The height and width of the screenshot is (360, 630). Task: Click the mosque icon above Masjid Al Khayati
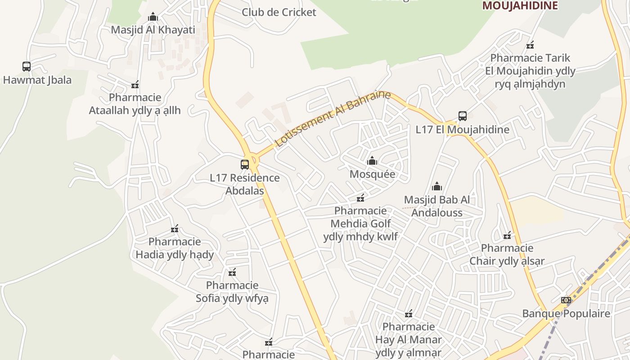coord(153,17)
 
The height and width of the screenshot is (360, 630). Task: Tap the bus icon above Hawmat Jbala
coord(27,67)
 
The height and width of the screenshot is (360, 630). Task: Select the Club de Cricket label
coord(279,12)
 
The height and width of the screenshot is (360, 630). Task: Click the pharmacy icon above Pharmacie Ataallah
coord(135,85)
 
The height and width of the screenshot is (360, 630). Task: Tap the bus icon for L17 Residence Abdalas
coord(245,165)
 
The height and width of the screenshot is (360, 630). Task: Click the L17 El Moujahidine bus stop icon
coord(462,116)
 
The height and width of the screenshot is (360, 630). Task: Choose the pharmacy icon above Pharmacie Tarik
coord(530,45)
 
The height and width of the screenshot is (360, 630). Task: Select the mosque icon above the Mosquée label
coord(372,161)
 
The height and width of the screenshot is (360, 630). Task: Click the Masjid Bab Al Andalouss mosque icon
coord(437,186)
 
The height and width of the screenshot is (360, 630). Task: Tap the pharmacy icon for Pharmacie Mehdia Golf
coord(360,198)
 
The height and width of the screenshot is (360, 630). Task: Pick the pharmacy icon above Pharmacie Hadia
coord(175,229)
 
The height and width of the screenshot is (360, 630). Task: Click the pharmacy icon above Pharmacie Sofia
coord(232,272)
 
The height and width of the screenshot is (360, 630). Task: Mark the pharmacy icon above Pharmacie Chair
coord(507,235)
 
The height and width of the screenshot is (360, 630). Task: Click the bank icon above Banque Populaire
coord(566,300)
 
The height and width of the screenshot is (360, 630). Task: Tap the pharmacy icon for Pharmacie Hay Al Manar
coord(409,314)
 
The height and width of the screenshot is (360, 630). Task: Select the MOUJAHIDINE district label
coord(520,5)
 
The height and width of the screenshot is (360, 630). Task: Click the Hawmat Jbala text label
coord(37,80)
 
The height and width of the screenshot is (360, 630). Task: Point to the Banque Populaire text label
coord(566,314)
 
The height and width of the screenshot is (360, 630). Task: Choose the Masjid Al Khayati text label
coord(153,30)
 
